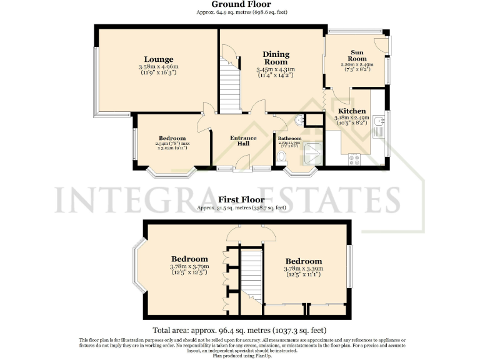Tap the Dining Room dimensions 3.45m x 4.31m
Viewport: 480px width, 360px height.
[x=275, y=69]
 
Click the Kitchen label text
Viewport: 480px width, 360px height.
[x=351, y=111]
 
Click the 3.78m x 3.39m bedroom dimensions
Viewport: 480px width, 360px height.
[x=304, y=269]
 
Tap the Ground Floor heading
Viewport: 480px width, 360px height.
[x=241, y=4]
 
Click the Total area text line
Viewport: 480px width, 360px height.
[x=240, y=330]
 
